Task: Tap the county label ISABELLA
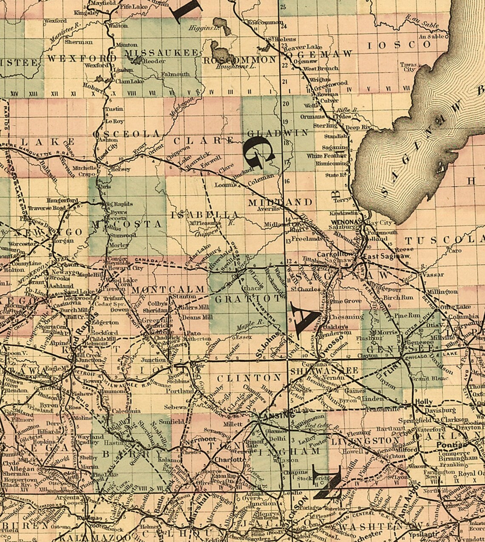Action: (204, 214)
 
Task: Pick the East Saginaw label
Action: (386, 257)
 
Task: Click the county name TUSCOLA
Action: (445, 240)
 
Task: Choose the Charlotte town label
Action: (228, 460)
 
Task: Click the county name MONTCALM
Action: (169, 289)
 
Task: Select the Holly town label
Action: (423, 401)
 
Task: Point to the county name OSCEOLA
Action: (127, 134)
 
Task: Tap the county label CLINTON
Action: (249, 378)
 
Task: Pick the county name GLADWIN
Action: (278, 133)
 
